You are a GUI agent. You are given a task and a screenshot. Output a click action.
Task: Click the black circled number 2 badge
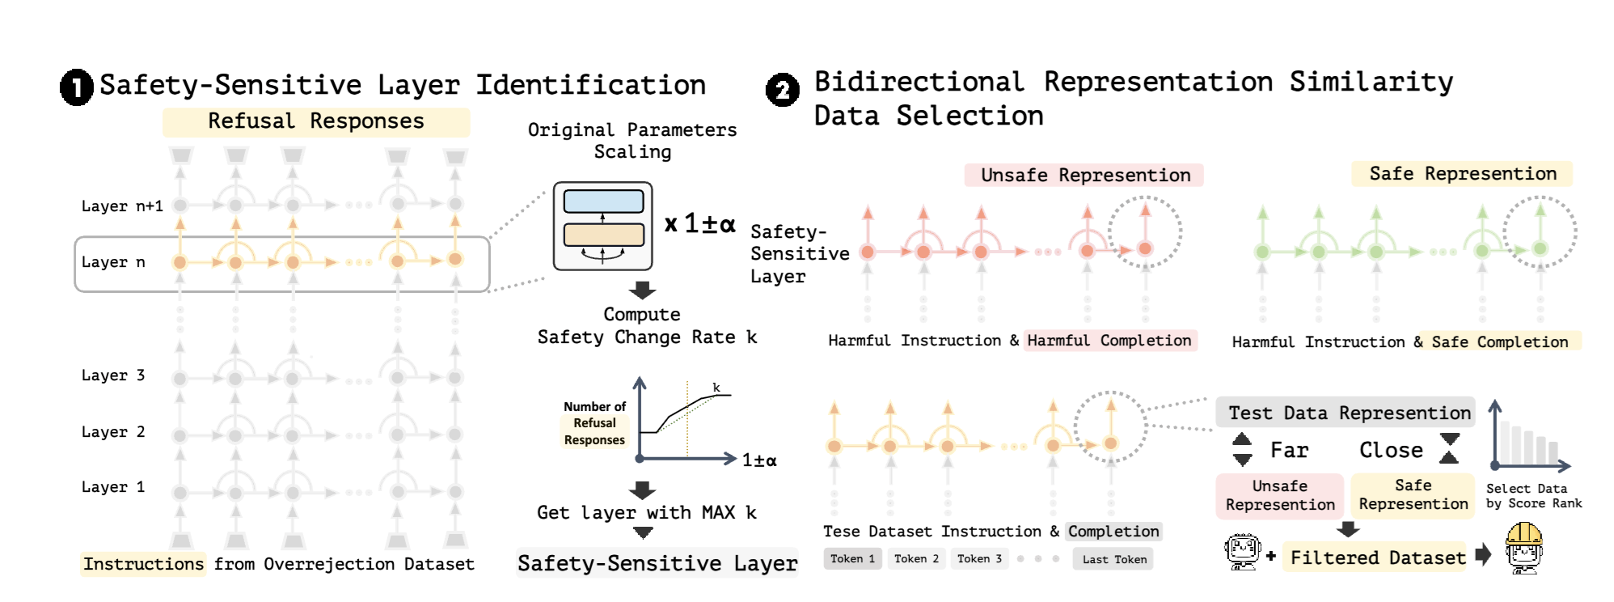pyautogui.click(x=782, y=90)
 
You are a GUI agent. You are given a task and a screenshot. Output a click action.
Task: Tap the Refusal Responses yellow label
pyautogui.click(x=315, y=121)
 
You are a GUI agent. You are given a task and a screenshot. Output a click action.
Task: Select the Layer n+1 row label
pyautogui.click(x=122, y=206)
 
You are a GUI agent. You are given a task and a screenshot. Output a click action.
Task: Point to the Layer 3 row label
pyautogui.click(x=113, y=375)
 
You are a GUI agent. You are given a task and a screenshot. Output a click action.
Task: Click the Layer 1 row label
pyautogui.click(x=113, y=487)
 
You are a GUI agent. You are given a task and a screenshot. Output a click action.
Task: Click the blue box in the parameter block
pyautogui.click(x=603, y=201)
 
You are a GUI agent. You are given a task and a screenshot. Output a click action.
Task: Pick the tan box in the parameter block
pyautogui.click(x=603, y=235)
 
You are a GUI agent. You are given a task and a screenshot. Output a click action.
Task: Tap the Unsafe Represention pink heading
pyautogui.click(x=1084, y=176)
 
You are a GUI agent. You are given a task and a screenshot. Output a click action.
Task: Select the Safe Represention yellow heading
pyautogui.click(x=1462, y=174)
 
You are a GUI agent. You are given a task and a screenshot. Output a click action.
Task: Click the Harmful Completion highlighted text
pyautogui.click(x=1109, y=341)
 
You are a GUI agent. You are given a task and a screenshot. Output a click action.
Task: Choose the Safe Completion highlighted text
pyautogui.click(x=1500, y=342)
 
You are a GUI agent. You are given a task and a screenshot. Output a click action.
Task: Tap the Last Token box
pyautogui.click(x=1113, y=559)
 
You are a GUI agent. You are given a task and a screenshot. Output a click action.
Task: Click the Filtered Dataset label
pyautogui.click(x=1377, y=557)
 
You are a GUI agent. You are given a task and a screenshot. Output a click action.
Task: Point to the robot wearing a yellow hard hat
pyautogui.click(x=1524, y=548)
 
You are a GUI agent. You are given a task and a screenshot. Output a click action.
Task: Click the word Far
pyautogui.click(x=1289, y=451)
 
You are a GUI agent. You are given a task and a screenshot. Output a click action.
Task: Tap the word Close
pyautogui.click(x=1391, y=451)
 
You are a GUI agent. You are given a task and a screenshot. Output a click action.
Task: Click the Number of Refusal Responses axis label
pyautogui.click(x=594, y=423)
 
